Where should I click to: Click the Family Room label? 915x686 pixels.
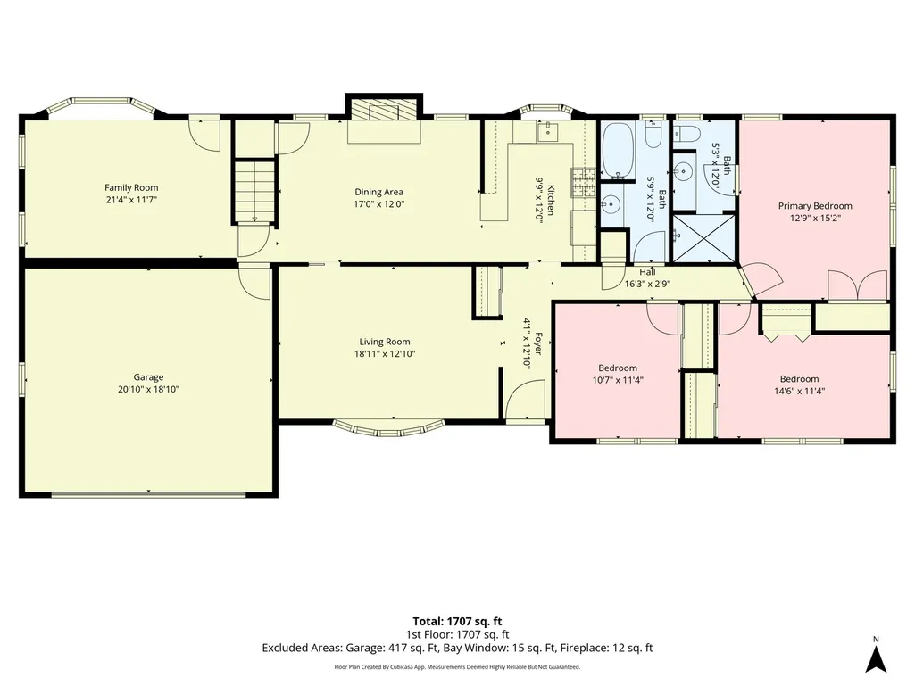coord(131,187)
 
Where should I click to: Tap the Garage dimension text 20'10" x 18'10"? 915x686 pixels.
coord(148,389)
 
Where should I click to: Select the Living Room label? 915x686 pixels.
coord(385,342)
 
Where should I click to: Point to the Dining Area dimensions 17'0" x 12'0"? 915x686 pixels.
coord(378,204)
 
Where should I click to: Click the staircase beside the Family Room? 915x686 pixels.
coord(254,191)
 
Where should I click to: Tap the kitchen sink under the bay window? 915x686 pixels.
coord(547,132)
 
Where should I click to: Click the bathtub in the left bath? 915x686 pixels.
coord(618,150)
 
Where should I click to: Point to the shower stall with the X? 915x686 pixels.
coord(704,238)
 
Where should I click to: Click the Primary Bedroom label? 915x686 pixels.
coord(815,205)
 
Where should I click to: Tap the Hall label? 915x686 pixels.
coord(647,272)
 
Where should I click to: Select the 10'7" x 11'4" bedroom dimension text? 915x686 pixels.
coord(618,380)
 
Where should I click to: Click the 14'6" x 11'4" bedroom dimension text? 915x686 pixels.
coord(800,391)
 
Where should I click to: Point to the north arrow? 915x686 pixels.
coord(876,657)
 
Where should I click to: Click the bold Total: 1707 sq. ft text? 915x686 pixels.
coord(457,621)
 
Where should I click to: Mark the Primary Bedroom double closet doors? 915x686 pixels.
coord(858,285)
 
